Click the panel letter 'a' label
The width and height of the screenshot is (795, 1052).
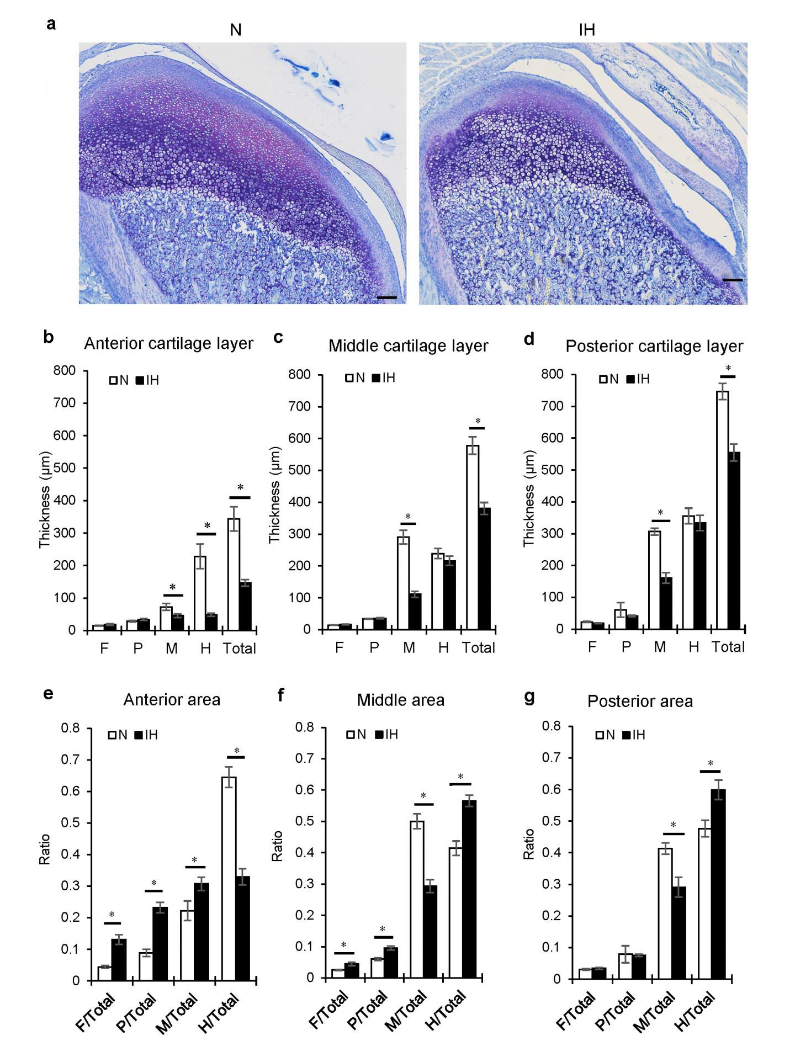(51, 25)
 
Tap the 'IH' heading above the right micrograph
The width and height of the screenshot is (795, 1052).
(587, 30)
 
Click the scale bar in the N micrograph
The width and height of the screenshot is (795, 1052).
(387, 297)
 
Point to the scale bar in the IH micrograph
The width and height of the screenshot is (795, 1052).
(733, 280)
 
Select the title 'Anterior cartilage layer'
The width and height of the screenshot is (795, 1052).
(168, 343)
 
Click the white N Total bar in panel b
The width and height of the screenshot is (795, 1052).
(234, 574)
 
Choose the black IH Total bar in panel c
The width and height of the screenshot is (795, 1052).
(484, 568)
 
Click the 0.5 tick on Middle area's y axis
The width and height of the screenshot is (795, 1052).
(305, 821)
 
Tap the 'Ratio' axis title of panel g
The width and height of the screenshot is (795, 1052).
(528, 843)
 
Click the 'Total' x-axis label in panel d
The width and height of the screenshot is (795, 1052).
(728, 647)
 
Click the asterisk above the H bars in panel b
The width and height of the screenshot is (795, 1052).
(207, 525)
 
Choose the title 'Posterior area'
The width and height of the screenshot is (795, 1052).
(640, 701)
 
